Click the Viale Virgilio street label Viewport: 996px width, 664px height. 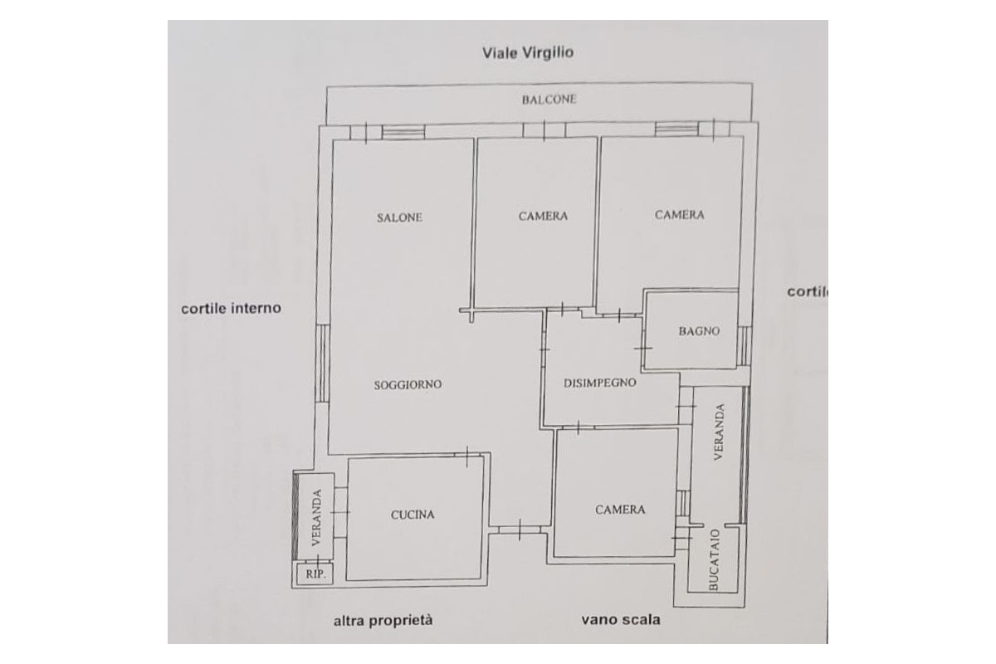pyautogui.click(x=529, y=52)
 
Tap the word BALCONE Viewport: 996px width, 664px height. pyautogui.click(x=549, y=100)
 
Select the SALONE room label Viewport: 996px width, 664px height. pyautogui.click(x=399, y=217)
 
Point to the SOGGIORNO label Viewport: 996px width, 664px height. pyautogui.click(x=408, y=385)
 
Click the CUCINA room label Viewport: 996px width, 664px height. pyautogui.click(x=413, y=515)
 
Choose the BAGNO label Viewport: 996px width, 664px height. pyautogui.click(x=699, y=331)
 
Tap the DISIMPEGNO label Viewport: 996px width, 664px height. pyautogui.click(x=599, y=383)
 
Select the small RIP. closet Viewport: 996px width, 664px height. pyautogui.click(x=315, y=574)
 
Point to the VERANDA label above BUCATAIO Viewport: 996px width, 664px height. pyautogui.click(x=720, y=432)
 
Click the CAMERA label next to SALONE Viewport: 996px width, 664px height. pyautogui.click(x=543, y=216)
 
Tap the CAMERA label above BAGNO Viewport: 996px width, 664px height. pyautogui.click(x=679, y=215)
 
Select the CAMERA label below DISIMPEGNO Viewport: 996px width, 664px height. pyautogui.click(x=620, y=510)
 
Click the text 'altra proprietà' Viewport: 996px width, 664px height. pyautogui.click(x=383, y=620)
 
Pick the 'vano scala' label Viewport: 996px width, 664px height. pyautogui.click(x=621, y=619)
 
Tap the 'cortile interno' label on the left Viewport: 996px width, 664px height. pyautogui.click(x=231, y=308)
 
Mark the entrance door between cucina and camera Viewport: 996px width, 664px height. pyautogui.click(x=519, y=529)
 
